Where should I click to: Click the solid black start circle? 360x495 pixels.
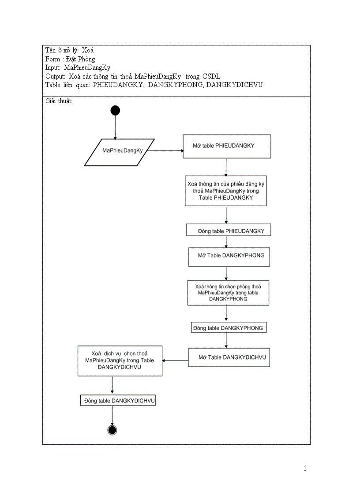pyautogui.click(x=115, y=110)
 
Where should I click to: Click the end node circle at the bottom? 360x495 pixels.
pyautogui.click(x=112, y=430)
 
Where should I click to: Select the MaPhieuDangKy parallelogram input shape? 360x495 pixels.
pyautogui.click(x=120, y=152)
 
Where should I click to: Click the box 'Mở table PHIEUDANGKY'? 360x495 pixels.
pyautogui.click(x=227, y=146)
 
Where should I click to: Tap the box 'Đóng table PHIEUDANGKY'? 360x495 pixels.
pyautogui.click(x=228, y=231)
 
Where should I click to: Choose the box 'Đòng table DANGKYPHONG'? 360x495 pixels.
pyautogui.click(x=229, y=328)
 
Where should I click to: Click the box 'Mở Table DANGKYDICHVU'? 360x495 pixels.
pyautogui.click(x=229, y=357)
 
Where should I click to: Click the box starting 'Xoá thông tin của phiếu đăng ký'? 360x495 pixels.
pyautogui.click(x=226, y=190)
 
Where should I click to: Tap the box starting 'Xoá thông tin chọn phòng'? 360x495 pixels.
pyautogui.click(x=228, y=293)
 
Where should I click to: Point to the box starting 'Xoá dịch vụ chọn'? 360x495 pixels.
pyautogui.click(x=120, y=360)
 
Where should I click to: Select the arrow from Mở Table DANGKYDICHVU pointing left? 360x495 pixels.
pyautogui.click(x=175, y=361)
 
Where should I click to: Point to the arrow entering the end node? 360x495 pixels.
pyautogui.click(x=112, y=416)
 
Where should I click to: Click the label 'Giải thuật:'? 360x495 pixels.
pyautogui.click(x=59, y=101)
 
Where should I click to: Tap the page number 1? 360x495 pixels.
pyautogui.click(x=305, y=468)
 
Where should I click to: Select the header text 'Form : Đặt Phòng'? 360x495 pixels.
pyautogui.click(x=70, y=59)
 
